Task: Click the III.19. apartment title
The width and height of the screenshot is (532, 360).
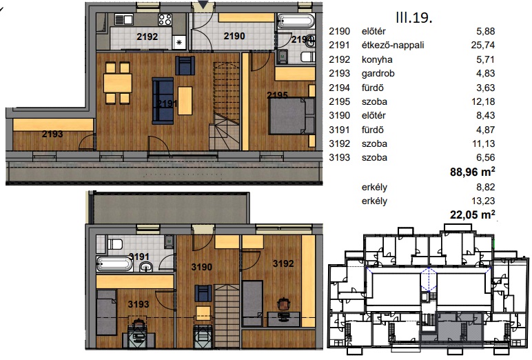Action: coord(414,17)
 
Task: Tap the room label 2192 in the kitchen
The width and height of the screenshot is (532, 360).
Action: coord(147,37)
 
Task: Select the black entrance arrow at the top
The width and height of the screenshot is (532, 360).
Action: coord(203,5)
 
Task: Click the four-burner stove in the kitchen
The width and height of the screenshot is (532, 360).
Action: coord(165,20)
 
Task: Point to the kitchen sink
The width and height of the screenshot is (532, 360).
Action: coord(123,20)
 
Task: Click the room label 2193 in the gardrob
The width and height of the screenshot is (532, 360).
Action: coord(52,134)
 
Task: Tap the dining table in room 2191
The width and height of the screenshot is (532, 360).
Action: coord(118,83)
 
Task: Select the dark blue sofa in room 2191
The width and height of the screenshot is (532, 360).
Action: coord(163,101)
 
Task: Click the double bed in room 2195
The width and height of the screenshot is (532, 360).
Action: coord(291,116)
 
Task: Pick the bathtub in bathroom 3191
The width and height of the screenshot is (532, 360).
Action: coord(114,264)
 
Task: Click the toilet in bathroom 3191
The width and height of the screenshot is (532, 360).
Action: coord(114,245)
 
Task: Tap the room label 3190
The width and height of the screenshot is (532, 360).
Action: coord(201,267)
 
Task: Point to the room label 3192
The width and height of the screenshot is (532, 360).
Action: coord(283,263)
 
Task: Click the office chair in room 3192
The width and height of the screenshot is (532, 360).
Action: coord(284,304)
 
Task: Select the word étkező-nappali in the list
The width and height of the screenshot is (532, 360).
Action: coord(393,45)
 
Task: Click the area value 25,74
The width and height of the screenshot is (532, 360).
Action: coord(483,45)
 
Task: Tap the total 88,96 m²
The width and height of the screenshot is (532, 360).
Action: coord(472,172)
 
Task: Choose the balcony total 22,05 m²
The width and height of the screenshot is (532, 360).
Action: coord(472,214)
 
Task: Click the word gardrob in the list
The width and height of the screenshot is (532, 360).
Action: coord(378,74)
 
